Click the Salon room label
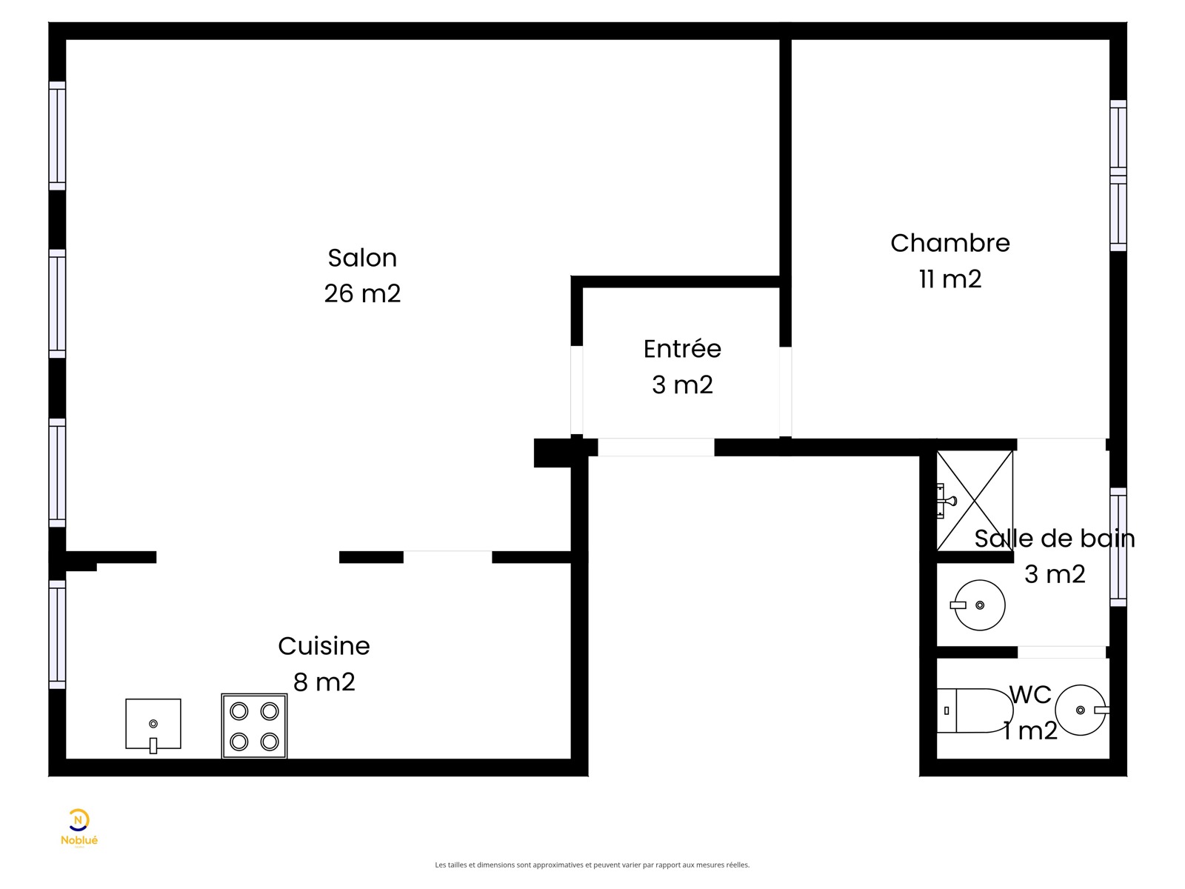coord(362,258)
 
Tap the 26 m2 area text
coord(362,293)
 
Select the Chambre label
coord(949,244)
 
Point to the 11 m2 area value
coord(949,279)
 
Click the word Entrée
coord(682,349)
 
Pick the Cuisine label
coord(324,646)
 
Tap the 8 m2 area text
coord(324,682)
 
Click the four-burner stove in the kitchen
coord(254,726)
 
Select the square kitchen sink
coord(153,725)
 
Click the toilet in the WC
coord(975,710)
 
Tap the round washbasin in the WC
coord(1081,710)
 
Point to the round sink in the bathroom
coord(978,605)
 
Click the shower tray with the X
coord(975,501)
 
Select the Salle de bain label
coord(1055,539)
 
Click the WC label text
coord(1030,695)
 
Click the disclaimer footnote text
coord(592,865)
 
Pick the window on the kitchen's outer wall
coord(57,634)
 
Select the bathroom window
coord(1118,547)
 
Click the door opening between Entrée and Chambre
coord(786,392)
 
